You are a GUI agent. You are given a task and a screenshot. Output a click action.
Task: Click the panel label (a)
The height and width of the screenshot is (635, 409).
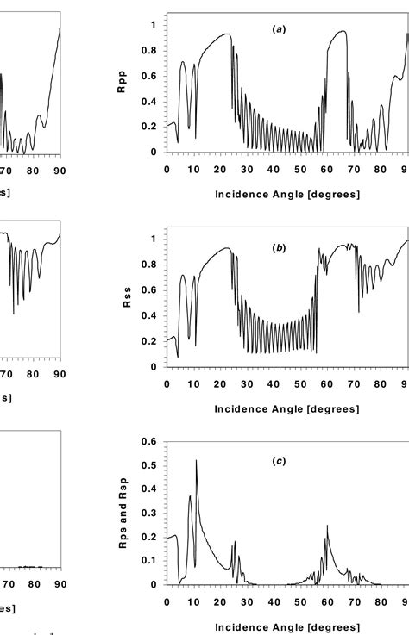pos(278,29)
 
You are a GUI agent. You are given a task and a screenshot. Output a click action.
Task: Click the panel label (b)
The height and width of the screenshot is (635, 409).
pos(278,247)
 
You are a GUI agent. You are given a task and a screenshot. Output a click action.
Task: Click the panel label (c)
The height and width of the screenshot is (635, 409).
pos(278,462)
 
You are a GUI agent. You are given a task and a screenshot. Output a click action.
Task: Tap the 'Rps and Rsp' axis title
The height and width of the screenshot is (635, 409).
pos(130,514)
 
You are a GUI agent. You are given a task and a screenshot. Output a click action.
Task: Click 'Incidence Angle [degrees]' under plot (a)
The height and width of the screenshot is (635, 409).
pos(287,194)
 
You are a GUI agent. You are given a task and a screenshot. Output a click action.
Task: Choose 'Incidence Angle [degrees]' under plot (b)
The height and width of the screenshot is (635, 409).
pos(287,408)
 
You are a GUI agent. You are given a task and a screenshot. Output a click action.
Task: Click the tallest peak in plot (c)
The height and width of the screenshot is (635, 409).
pos(197,461)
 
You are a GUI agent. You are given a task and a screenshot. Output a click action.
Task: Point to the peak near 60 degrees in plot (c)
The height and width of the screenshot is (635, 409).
pos(327,526)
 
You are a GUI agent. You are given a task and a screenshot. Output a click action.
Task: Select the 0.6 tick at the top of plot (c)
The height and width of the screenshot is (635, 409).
pos(153,442)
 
